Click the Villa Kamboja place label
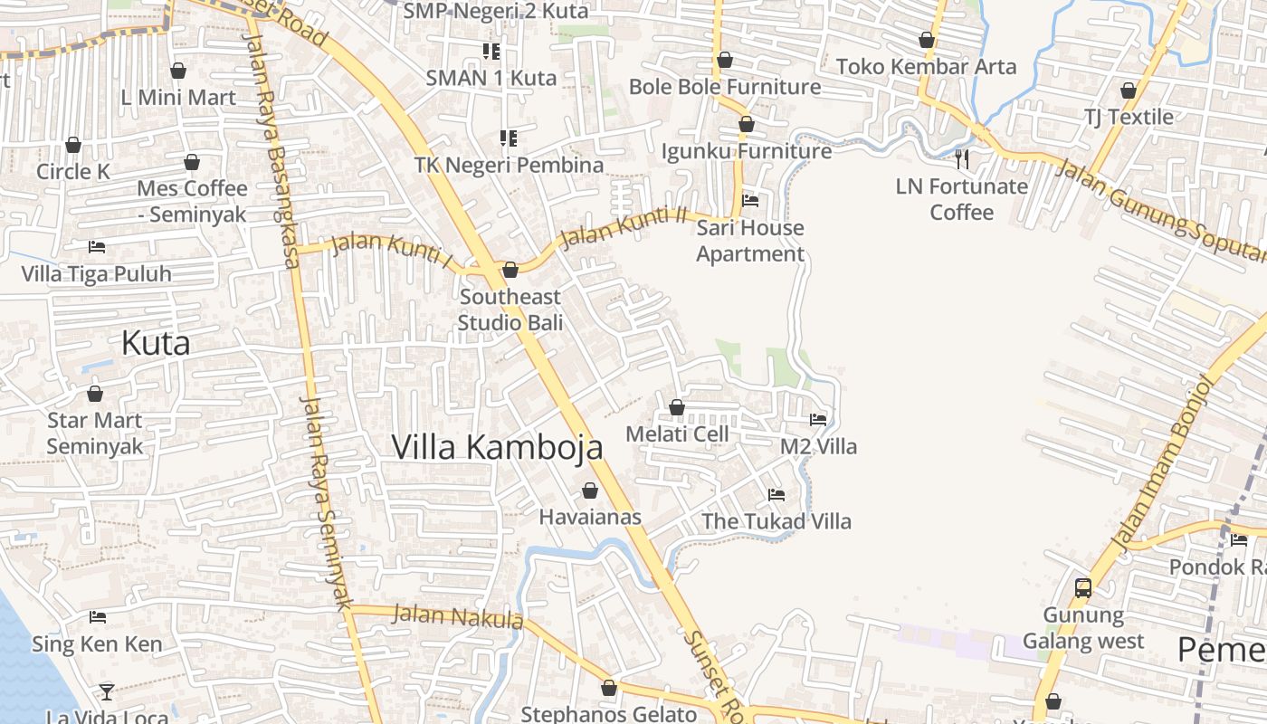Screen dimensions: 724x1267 click(x=497, y=447)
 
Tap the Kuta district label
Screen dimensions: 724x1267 click(x=156, y=344)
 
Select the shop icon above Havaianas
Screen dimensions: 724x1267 click(x=590, y=491)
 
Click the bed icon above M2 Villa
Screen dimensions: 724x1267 click(x=818, y=419)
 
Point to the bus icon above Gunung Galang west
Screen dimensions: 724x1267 click(x=1082, y=588)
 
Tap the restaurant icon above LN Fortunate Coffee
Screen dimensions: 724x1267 click(x=962, y=160)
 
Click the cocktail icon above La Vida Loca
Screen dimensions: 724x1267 click(x=107, y=691)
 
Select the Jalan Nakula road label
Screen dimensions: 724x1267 click(x=458, y=617)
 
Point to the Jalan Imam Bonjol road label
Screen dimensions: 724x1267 click(x=1160, y=462)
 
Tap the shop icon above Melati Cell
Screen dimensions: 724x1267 click(x=677, y=407)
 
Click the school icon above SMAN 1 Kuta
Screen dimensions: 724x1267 click(x=491, y=51)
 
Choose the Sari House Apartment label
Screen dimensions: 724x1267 click(x=750, y=241)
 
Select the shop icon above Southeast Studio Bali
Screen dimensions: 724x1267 click(x=510, y=270)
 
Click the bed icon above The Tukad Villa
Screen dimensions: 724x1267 click(x=776, y=495)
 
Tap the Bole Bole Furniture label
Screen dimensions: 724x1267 click(x=725, y=87)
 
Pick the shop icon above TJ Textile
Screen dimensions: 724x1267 click(x=1129, y=90)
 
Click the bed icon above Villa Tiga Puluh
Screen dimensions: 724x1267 click(x=97, y=247)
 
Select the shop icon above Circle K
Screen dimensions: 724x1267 click(x=73, y=145)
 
